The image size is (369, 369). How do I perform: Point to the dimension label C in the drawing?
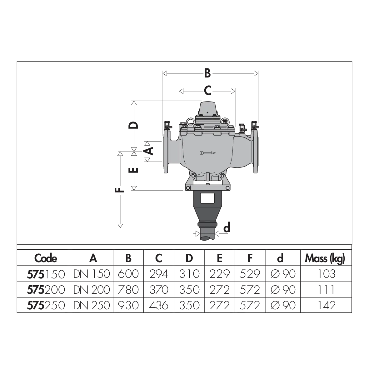[207, 91]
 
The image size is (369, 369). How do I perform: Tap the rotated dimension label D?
[133, 125]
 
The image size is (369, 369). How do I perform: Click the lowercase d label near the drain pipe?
[227, 228]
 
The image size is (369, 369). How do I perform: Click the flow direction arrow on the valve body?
[208, 153]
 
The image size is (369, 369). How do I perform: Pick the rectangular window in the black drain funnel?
[207, 198]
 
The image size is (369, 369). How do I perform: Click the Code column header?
[46, 258]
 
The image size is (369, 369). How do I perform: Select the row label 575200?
[46, 290]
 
